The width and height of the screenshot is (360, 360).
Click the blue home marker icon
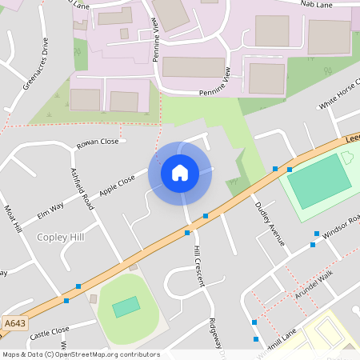(180, 172)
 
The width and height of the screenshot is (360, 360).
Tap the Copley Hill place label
(61, 237)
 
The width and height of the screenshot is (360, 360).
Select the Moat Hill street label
(14, 218)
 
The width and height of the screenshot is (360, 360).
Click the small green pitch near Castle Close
(125, 306)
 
